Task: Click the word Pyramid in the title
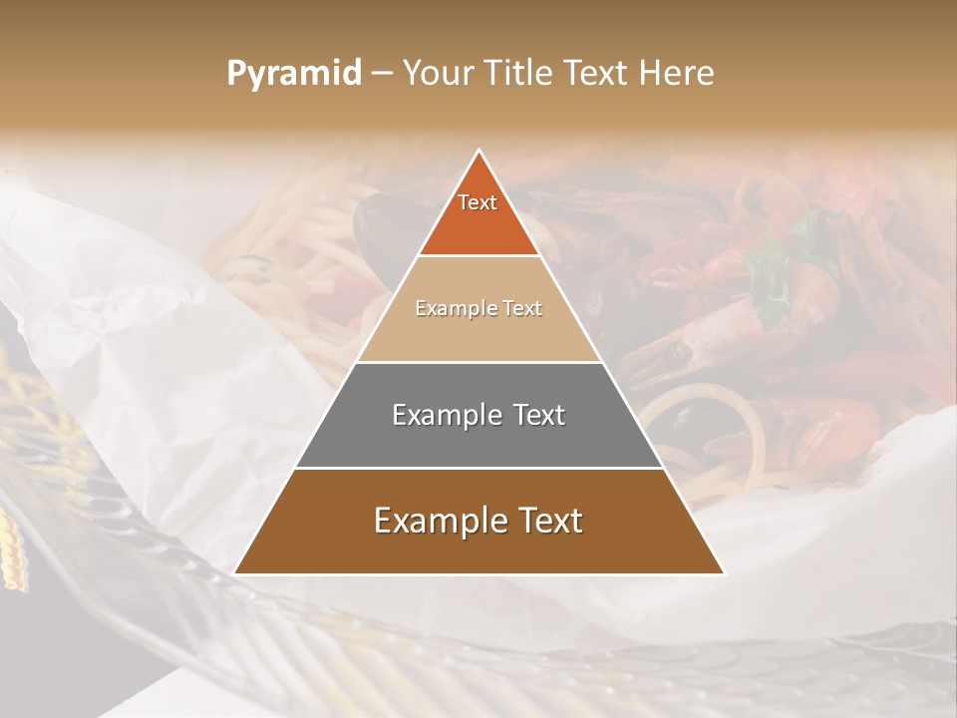[x=293, y=74]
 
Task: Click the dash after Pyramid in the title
[x=381, y=74]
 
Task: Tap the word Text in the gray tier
[x=539, y=415]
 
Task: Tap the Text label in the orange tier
[x=478, y=202]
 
